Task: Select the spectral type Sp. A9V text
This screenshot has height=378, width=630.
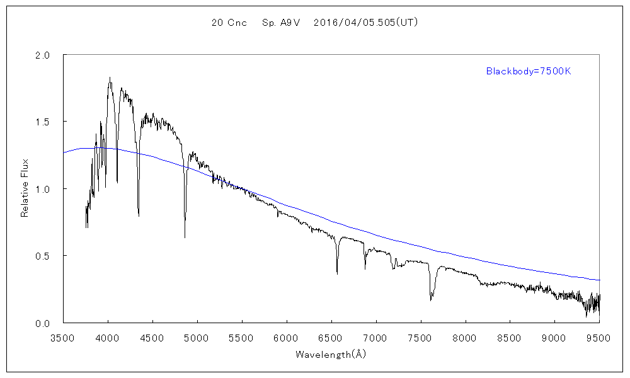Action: click(280, 23)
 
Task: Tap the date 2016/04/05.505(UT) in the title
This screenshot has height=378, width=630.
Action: click(365, 23)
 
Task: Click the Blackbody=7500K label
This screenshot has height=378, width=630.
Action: click(528, 71)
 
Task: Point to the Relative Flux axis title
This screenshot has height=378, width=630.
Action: click(25, 189)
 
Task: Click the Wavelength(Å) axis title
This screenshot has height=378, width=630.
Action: click(331, 355)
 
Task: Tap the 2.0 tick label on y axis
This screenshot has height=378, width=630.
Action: click(43, 55)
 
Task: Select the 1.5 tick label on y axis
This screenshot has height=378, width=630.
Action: click(43, 122)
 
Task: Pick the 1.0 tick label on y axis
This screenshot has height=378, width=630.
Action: click(43, 189)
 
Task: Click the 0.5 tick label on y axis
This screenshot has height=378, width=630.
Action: click(43, 256)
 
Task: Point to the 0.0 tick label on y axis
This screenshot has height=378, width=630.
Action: click(43, 323)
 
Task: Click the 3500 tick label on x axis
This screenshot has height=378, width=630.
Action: click(63, 336)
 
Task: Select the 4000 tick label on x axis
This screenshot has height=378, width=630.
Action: click(108, 336)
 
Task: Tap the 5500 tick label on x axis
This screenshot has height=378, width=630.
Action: click(242, 336)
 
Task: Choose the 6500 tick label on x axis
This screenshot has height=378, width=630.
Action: click(331, 336)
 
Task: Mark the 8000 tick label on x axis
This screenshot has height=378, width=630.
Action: click(466, 336)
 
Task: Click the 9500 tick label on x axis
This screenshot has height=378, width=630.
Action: click(598, 336)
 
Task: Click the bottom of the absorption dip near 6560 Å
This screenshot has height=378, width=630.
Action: click(337, 273)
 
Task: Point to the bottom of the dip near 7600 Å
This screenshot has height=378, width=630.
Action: click(431, 300)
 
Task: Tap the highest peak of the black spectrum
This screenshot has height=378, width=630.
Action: click(110, 77)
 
